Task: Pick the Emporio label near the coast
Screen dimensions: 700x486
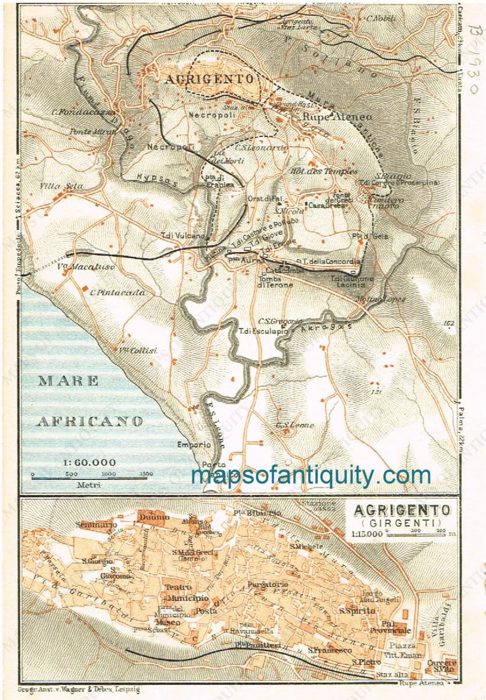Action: [x=194, y=444]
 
